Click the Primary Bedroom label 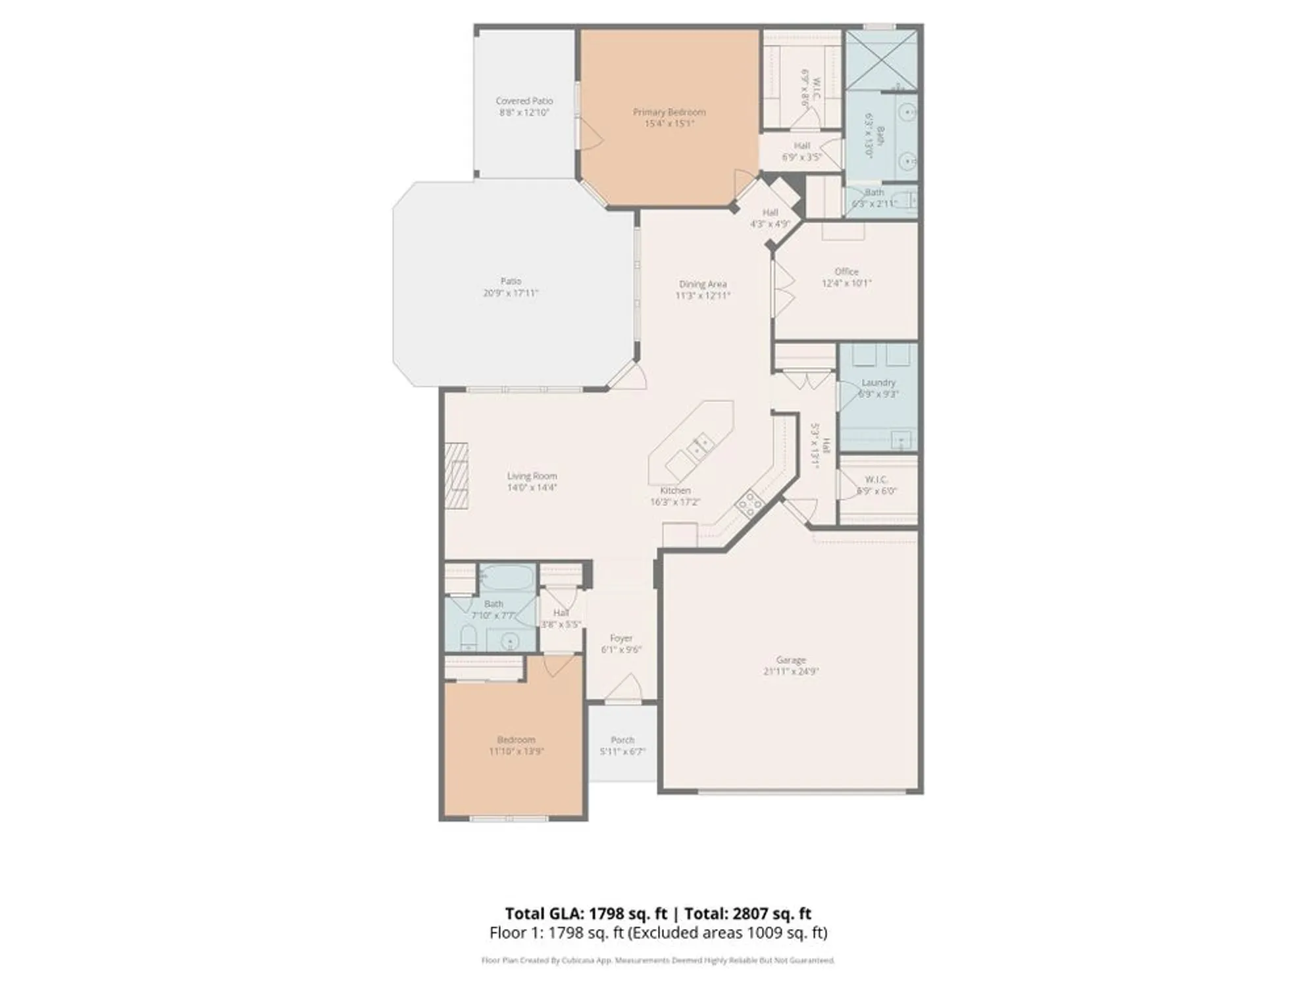point(669,112)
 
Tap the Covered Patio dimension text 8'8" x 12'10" point(524,113)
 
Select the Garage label point(790,659)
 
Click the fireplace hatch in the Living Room point(457,476)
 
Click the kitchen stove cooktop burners point(749,503)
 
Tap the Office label point(846,271)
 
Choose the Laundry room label point(878,382)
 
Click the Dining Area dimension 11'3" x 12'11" point(702,295)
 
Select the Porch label point(622,740)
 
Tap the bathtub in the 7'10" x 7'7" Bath point(506,577)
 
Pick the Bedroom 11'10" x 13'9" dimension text point(516,751)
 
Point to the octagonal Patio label point(511,281)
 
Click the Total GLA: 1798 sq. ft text point(586,913)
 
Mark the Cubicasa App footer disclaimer point(658,961)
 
